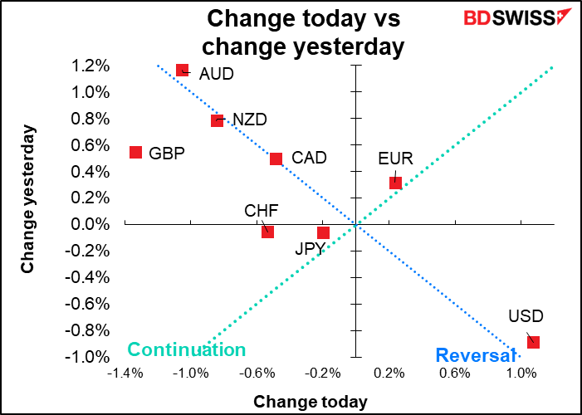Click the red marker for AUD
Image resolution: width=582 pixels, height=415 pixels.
[183, 71]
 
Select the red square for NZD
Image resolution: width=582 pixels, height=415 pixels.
[218, 120]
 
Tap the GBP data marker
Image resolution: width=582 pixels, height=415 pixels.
[135, 152]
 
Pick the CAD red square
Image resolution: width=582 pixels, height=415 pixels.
[276, 159]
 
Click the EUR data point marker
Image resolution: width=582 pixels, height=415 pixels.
[395, 183]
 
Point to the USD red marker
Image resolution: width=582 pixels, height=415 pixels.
[533, 342]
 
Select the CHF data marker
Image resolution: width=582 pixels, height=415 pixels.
[267, 232]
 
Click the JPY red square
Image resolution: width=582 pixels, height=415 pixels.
[323, 232]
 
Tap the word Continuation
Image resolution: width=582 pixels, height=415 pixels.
[187, 350]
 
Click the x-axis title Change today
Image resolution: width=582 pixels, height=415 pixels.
[310, 402]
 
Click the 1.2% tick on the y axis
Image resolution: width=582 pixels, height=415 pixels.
[90, 66]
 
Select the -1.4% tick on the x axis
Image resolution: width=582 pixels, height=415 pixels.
[125, 373]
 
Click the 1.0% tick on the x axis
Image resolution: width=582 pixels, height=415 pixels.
[520, 373]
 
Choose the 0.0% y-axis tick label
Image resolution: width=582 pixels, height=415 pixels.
[90, 224]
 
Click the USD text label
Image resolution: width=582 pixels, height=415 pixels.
[526, 316]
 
